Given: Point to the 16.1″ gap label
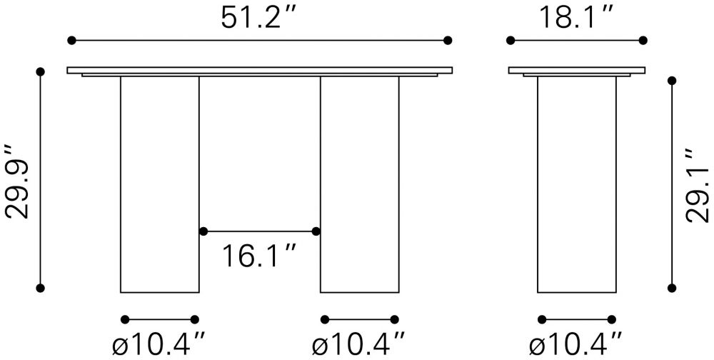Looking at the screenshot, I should pos(259,256).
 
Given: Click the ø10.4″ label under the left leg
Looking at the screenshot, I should pos(159,345).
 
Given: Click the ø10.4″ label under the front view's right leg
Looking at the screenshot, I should pos(359,345).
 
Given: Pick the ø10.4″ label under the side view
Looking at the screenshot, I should pos(575,345).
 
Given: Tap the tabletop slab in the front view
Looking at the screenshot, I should pos(260,70).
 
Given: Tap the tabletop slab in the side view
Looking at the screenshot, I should pos(576,70).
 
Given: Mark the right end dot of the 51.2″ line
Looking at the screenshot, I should pos(448,40).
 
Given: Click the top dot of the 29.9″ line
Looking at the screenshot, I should pos(40,71).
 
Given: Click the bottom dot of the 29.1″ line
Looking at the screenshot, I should pos(670,288).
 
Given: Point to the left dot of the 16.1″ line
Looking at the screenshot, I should pos(203,231).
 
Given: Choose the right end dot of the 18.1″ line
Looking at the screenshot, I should pos(643,40).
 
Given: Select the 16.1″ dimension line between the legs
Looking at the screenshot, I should pos(260,231).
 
